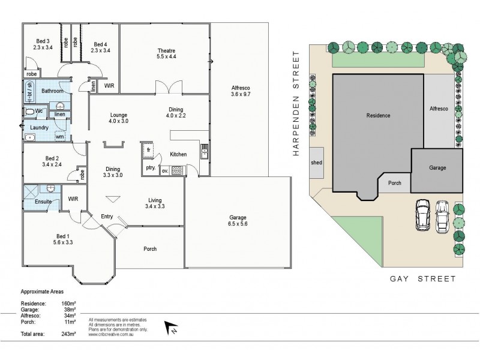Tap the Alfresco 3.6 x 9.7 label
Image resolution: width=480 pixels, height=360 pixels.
[x=241, y=91]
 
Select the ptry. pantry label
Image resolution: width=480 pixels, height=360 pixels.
[x=150, y=169]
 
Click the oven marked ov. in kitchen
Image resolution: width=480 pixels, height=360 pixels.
[x=165, y=170]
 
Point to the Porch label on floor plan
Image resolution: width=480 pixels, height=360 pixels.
[x=150, y=248]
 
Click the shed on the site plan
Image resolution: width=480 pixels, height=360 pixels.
[x=316, y=163]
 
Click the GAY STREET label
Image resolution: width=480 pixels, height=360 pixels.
[x=423, y=279]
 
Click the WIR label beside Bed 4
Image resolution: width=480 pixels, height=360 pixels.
[x=109, y=86]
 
